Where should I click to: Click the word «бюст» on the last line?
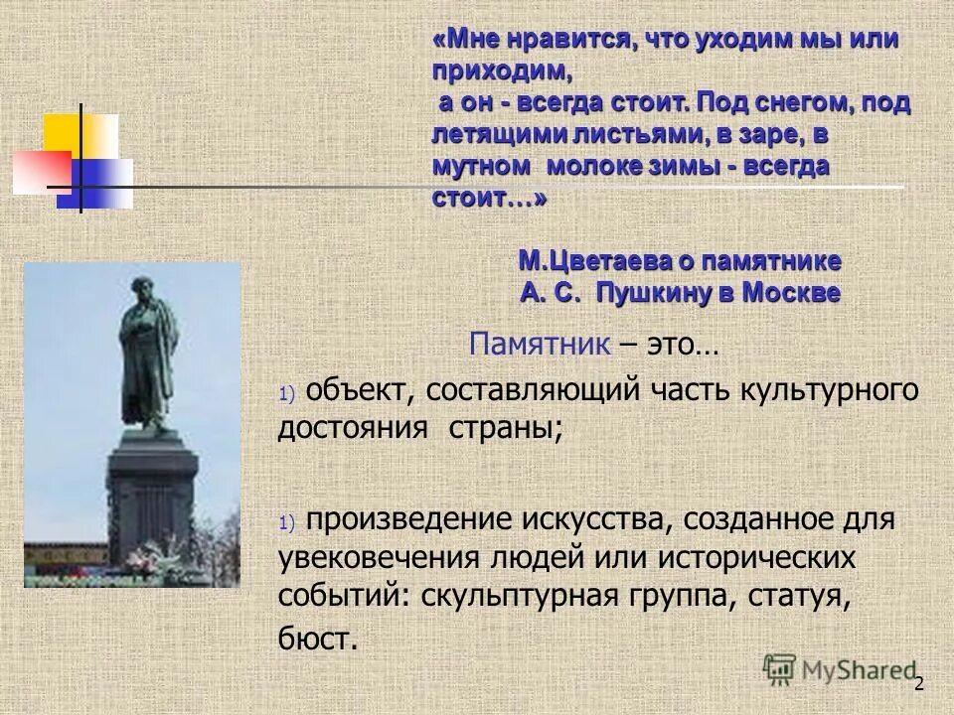pyautogui.click(x=315, y=639)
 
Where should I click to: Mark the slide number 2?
pyautogui.click(x=919, y=683)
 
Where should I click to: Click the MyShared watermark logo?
pyautogui.click(x=841, y=670)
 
